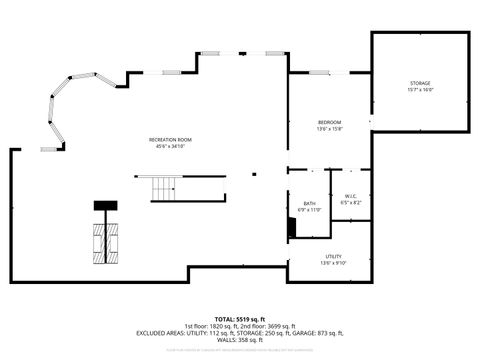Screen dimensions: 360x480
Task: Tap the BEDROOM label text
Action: point(330,121)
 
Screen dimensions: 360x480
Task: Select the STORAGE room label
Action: point(420,82)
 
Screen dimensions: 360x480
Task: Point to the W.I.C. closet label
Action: point(349,195)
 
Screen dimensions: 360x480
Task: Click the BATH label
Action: point(309,204)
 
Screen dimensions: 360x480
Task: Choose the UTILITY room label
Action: point(333,257)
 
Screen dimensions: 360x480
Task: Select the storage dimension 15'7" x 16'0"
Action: point(420,90)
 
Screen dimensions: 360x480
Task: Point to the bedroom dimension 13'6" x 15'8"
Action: point(330,129)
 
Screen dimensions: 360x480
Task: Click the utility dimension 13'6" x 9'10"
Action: point(333,264)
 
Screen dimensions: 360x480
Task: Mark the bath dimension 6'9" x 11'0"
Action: point(309,211)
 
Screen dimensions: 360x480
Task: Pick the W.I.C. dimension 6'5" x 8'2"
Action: point(349,202)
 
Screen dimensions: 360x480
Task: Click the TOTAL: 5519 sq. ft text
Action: point(239,318)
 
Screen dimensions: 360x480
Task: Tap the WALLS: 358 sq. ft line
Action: point(239,340)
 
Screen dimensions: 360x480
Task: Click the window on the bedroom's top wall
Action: point(330,73)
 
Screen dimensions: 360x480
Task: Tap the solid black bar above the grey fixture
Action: point(105,205)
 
